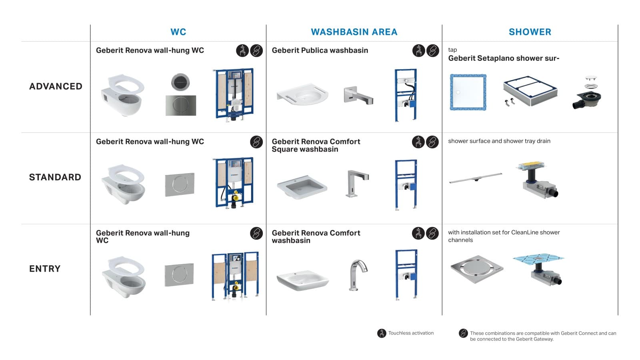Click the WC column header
tap(178, 32)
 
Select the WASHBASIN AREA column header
tap(354, 32)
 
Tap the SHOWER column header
tap(530, 32)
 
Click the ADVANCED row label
tap(56, 86)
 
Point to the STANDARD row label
tap(55, 177)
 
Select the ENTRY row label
tap(45, 269)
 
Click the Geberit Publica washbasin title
tap(320, 50)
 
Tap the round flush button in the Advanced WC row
tap(180, 82)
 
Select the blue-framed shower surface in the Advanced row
tap(468, 92)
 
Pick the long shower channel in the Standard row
tap(475, 178)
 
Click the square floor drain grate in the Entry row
tap(476, 269)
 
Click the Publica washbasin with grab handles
tap(302, 94)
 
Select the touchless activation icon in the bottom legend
tap(382, 333)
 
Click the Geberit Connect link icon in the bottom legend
tap(463, 333)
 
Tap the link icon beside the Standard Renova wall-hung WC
tap(256, 142)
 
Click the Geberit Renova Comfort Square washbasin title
tap(316, 145)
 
